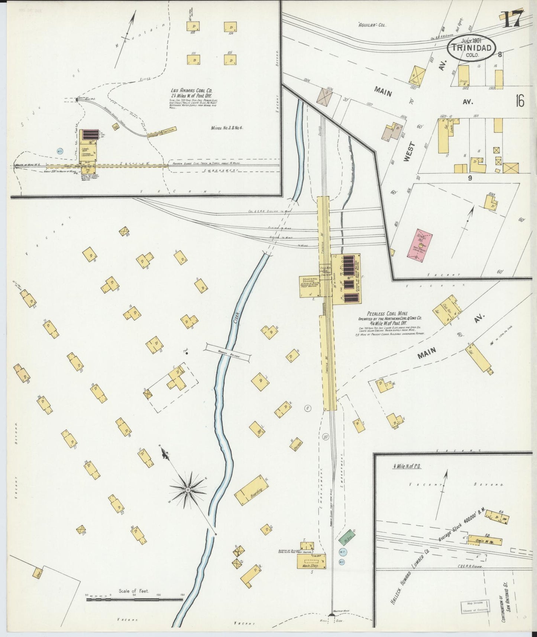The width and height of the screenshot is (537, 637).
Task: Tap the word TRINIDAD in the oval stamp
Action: pyautogui.click(x=472, y=48)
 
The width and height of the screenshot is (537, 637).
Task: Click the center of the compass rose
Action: pyautogui.click(x=188, y=491)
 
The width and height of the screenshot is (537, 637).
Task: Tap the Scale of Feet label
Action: pyautogui.click(x=134, y=591)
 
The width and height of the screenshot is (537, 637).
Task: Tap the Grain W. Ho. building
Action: pyautogui.click(x=485, y=540)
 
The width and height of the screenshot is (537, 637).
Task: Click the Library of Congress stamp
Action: pyautogui.click(x=475, y=607)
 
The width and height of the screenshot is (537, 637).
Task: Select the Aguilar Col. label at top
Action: pyautogui.click(x=372, y=25)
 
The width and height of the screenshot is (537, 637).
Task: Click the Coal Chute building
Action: pyautogui.click(x=162, y=132)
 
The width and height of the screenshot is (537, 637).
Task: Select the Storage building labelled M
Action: pyautogui.click(x=296, y=445)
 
